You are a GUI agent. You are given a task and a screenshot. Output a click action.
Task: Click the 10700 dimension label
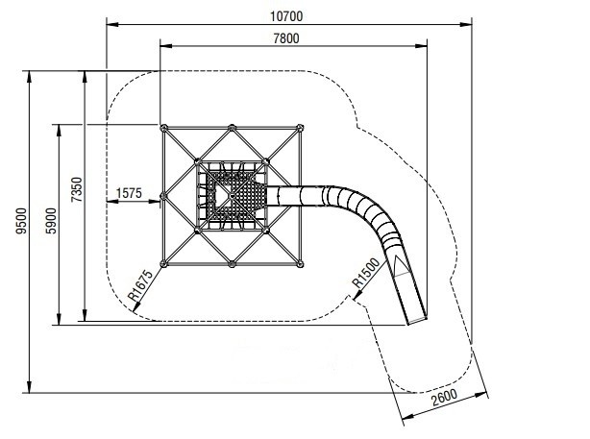[x=286, y=16]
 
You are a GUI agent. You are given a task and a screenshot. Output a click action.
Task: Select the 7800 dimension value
[x=286, y=38]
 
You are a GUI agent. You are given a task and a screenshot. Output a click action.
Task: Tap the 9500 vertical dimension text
[x=21, y=221]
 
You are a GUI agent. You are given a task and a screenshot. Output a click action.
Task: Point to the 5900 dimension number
[x=51, y=221]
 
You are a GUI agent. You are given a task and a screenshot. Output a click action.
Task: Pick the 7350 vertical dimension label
[x=76, y=189]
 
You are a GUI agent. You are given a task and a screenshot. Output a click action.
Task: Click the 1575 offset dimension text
[x=129, y=193]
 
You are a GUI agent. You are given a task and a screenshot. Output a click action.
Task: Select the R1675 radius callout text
[x=140, y=285]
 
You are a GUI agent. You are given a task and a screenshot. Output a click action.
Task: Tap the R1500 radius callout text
[x=366, y=273]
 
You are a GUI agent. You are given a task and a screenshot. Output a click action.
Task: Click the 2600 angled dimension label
[x=444, y=398]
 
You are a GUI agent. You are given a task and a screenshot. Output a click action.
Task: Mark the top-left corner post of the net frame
[x=163, y=128]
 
